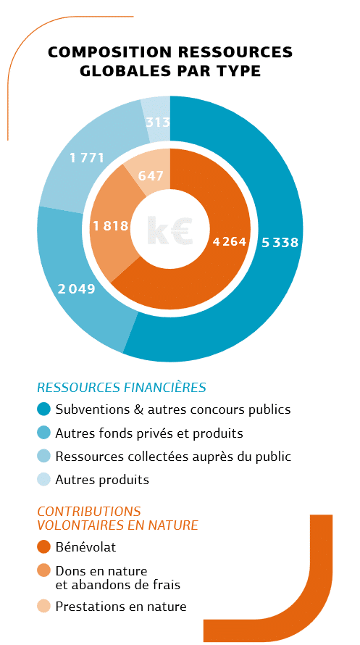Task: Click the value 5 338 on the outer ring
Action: click(x=280, y=243)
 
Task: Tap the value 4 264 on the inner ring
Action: click(x=230, y=242)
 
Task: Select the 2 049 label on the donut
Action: click(x=77, y=289)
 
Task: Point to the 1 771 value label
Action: click(x=87, y=157)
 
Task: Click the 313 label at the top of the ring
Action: click(x=158, y=122)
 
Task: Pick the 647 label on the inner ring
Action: click(x=151, y=175)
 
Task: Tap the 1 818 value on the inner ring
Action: click(x=111, y=226)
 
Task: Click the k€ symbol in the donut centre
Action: click(x=169, y=230)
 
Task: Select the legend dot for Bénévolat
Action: click(x=43, y=547)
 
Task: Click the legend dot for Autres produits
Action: click(x=43, y=480)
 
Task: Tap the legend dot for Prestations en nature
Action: click(x=43, y=607)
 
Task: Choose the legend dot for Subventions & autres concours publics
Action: click(x=43, y=409)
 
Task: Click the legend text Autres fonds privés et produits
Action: click(x=149, y=433)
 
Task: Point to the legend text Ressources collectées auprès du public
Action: click(x=173, y=457)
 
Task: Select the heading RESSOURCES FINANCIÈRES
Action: click(x=122, y=388)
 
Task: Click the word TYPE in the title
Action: click(x=240, y=71)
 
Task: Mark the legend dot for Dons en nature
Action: click(x=43, y=571)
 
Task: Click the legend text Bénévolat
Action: click(x=86, y=547)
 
